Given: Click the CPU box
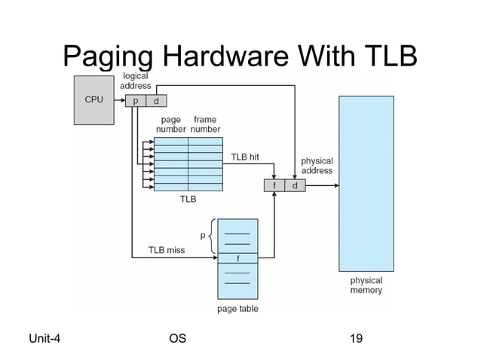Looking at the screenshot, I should pyautogui.click(x=93, y=99).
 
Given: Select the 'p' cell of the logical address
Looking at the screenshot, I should pyautogui.click(x=136, y=100).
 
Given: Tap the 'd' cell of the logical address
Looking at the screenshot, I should pyautogui.click(x=156, y=100).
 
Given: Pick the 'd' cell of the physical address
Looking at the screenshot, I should pyautogui.click(x=295, y=186).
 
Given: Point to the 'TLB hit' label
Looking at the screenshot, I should pyautogui.click(x=245, y=157).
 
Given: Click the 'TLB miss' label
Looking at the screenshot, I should pyautogui.click(x=166, y=249).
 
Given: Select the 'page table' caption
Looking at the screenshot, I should pyautogui.click(x=237, y=309).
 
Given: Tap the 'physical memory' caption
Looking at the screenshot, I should pyautogui.click(x=366, y=285).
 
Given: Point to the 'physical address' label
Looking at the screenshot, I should pyautogui.click(x=317, y=166).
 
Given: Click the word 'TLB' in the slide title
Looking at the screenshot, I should pyautogui.click(x=386, y=55).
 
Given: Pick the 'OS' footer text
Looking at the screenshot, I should pyautogui.click(x=178, y=338).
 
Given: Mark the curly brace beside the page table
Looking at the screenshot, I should pyautogui.click(x=212, y=236).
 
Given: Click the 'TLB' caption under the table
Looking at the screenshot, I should pyautogui.click(x=188, y=200).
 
